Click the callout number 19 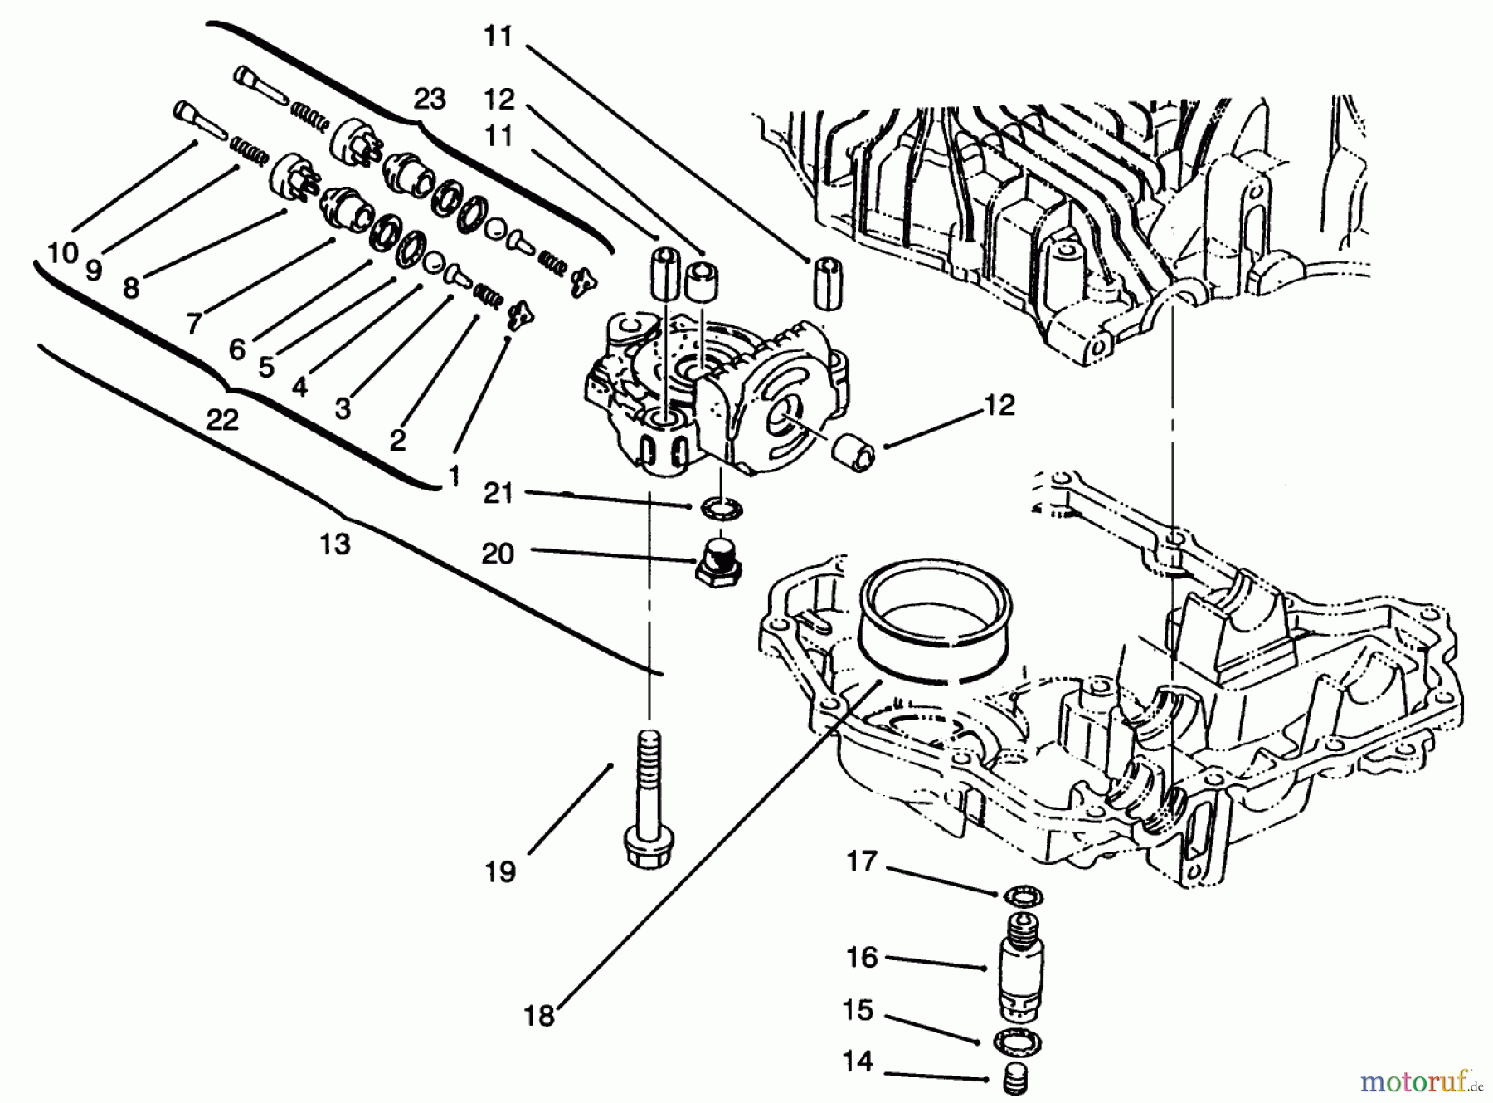[500, 872]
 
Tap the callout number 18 [539, 1015]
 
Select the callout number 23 [430, 100]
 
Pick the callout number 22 [221, 419]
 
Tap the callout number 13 [334, 545]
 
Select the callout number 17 [861, 861]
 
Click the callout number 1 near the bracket [454, 475]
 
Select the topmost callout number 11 [498, 37]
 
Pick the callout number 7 [193, 322]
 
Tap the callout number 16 [861, 957]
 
